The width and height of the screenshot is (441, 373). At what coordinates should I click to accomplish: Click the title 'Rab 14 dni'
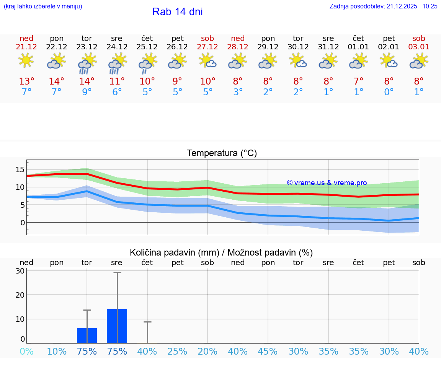click(177, 12)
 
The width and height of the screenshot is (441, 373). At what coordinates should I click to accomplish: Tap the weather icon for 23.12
click(87, 63)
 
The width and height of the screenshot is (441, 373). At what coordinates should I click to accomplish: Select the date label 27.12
click(207, 47)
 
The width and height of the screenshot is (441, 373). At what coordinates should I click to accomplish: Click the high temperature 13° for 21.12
click(26, 81)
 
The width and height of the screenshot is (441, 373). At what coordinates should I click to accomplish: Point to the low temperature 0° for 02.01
click(389, 92)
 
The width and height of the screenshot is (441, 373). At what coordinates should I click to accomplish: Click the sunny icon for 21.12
click(26, 60)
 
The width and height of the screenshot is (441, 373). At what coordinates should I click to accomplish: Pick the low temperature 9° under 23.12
click(87, 92)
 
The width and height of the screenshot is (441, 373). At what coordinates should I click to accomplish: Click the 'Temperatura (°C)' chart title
click(222, 153)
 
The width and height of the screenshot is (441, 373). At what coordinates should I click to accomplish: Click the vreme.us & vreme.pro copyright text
click(327, 183)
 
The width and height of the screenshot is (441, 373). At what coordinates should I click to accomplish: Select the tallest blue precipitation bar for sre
click(117, 326)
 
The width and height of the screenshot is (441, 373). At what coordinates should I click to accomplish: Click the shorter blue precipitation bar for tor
click(87, 336)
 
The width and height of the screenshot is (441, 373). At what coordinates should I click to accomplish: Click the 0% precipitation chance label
click(26, 352)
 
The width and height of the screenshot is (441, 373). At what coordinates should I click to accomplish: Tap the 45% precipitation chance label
click(268, 352)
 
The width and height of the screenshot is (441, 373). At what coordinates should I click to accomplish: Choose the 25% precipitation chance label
click(178, 352)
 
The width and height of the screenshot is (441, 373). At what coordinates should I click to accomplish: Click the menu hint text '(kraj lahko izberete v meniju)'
click(43, 6)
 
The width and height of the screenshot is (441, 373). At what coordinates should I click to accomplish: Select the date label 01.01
click(358, 47)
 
